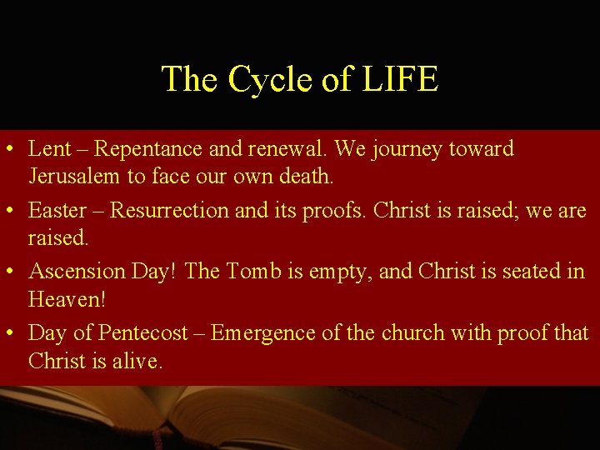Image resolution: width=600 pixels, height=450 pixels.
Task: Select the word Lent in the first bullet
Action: pos(49,149)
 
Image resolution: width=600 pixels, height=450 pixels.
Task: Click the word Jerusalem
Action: pos(72,177)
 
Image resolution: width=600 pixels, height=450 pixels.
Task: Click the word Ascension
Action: pos(78,272)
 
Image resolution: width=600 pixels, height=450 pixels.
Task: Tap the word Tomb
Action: pos(251,272)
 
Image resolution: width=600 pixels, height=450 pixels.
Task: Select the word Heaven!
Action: pos(67,299)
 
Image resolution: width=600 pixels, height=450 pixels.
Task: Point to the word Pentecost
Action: pos(143,333)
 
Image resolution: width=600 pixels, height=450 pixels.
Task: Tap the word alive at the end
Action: pos(140,361)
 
